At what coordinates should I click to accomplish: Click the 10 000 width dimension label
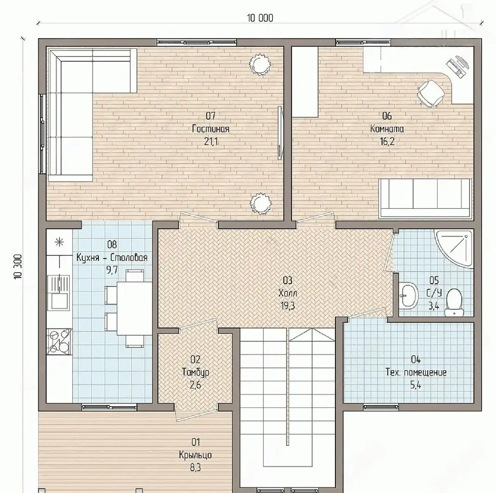(260, 18)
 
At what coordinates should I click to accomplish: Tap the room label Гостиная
(210, 129)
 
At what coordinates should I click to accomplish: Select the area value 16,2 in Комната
(387, 141)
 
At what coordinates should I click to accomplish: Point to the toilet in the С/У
(454, 302)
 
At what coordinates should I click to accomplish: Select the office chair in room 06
(431, 93)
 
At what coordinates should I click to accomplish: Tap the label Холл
(288, 293)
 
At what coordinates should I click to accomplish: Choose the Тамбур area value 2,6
(195, 385)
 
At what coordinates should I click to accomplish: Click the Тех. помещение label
(416, 372)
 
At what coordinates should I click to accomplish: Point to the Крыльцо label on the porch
(195, 455)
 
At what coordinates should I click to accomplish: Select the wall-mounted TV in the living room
(280, 133)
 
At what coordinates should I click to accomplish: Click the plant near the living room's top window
(260, 64)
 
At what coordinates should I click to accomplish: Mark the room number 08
(112, 244)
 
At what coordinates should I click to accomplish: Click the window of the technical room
(381, 407)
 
